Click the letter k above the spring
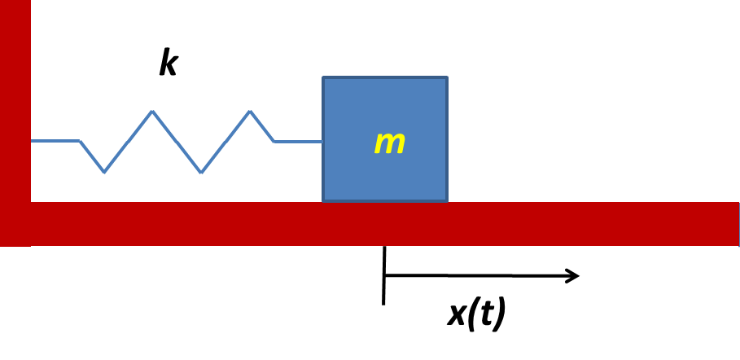pos(169,61)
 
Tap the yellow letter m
pos(390,143)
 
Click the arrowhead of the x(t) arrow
pos(572,276)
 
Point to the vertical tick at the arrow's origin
pos(384,275)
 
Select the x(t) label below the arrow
pos(476,314)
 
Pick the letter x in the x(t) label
pos(458,316)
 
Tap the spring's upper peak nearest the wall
pos(152,112)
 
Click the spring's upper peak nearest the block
pos(250,112)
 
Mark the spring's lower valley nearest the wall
pos(104,172)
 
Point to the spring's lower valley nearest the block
pos(201,172)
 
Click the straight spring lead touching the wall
pos(55,141)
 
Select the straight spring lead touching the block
pos(298,141)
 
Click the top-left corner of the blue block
pos(323,77)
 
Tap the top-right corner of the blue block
pos(447,77)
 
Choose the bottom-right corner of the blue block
pos(447,201)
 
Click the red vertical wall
pos(15,123)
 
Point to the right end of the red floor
pos(738,224)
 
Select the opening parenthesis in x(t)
pos(471,314)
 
